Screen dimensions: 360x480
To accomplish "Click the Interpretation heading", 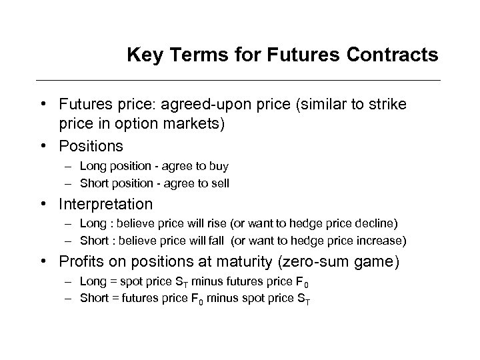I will pos(105,203).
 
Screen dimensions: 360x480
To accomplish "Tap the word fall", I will pos(205,239).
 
